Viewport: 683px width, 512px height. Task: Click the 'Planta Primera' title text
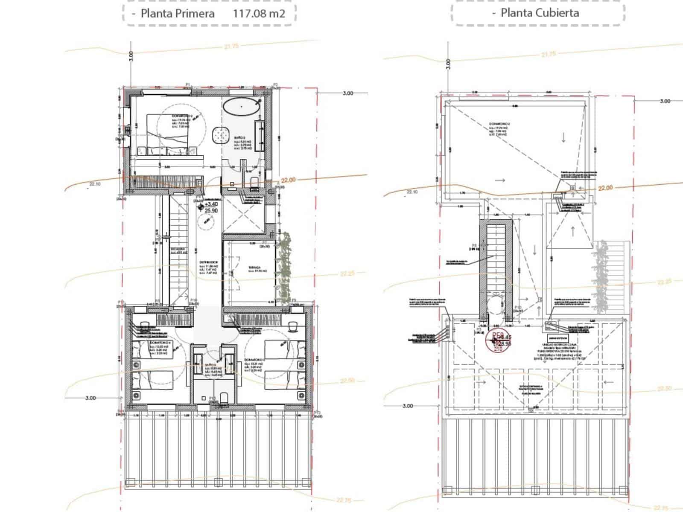coord(178,13)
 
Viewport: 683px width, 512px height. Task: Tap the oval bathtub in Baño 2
coord(242,105)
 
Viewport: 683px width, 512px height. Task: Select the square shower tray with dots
coord(221,135)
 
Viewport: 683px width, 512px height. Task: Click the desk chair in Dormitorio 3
coord(293,326)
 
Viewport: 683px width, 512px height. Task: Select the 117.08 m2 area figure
coord(259,13)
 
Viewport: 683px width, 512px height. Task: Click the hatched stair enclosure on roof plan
coord(495,269)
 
